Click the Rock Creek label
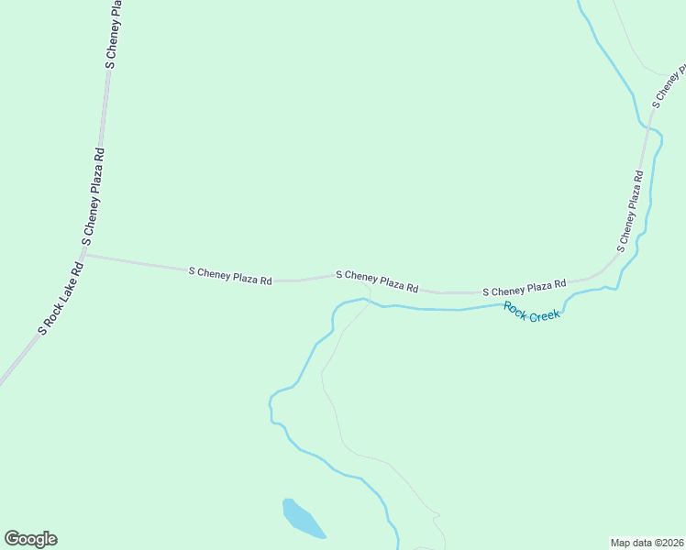tap(532, 311)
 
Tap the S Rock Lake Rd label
tap(61, 297)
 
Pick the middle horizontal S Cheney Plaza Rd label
tap(377, 280)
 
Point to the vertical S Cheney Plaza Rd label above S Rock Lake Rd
tap(94, 193)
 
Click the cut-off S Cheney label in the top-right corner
tap(669, 86)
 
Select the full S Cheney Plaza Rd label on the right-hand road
tap(631, 210)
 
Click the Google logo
tap(31, 539)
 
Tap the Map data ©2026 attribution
tap(647, 542)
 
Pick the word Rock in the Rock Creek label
tap(514, 307)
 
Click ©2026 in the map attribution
tap(666, 542)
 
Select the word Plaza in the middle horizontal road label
tap(388, 282)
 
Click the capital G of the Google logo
tap(12, 538)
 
